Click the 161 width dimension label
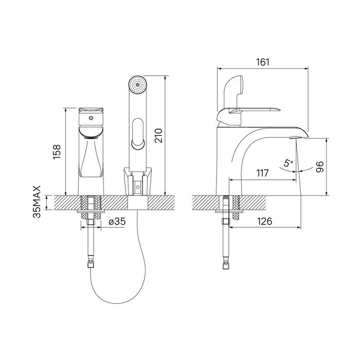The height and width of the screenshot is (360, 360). (263, 62)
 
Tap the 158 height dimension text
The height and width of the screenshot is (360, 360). (57, 152)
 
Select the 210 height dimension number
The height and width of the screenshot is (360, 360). (158, 136)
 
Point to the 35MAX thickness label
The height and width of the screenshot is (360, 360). (37, 202)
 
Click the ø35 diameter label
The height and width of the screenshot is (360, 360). (117, 222)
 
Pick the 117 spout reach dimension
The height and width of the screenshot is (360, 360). (262, 173)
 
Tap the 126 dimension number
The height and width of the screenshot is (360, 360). (264, 221)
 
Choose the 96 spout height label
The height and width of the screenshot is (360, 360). (320, 167)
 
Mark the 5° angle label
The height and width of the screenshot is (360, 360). (288, 163)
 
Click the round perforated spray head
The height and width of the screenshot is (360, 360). (137, 85)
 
